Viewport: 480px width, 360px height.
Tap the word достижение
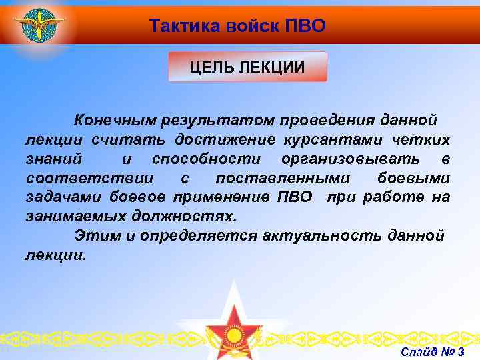(225, 139)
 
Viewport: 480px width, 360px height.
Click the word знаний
(54, 159)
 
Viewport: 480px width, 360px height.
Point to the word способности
(207, 159)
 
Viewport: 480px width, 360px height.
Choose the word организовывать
(351, 159)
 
